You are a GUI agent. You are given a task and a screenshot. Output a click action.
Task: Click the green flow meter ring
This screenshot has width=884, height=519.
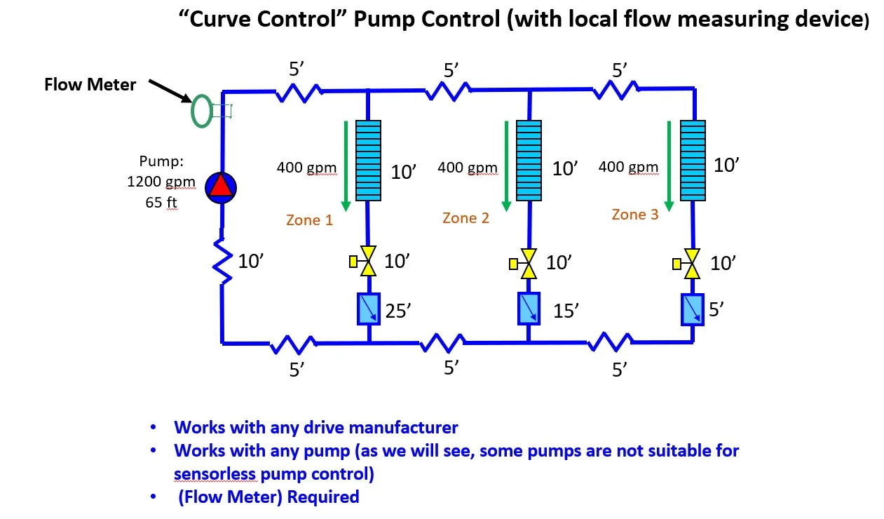201,111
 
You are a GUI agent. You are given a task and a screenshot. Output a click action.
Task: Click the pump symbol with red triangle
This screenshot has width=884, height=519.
221,187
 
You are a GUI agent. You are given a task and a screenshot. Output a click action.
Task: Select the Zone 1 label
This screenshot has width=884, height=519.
309,220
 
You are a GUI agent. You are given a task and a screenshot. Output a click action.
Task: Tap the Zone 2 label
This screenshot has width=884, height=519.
465,218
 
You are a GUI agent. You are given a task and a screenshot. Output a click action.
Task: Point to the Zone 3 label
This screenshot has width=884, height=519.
634,215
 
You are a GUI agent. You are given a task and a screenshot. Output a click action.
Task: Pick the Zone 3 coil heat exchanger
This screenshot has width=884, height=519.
693,159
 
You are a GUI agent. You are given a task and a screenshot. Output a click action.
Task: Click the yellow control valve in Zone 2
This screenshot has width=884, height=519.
529,264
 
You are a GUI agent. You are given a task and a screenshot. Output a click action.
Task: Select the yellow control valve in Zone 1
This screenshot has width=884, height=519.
368,262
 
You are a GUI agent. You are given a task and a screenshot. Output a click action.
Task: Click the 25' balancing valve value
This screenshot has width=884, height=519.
397,311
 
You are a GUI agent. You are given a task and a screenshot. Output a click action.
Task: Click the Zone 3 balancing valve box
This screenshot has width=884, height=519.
693,309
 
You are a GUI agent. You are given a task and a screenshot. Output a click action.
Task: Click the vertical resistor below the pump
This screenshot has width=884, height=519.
222,261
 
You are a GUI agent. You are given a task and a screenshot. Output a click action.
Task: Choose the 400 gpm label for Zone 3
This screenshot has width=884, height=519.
628,167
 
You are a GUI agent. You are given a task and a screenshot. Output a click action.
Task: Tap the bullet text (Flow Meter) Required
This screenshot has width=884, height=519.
268,497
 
